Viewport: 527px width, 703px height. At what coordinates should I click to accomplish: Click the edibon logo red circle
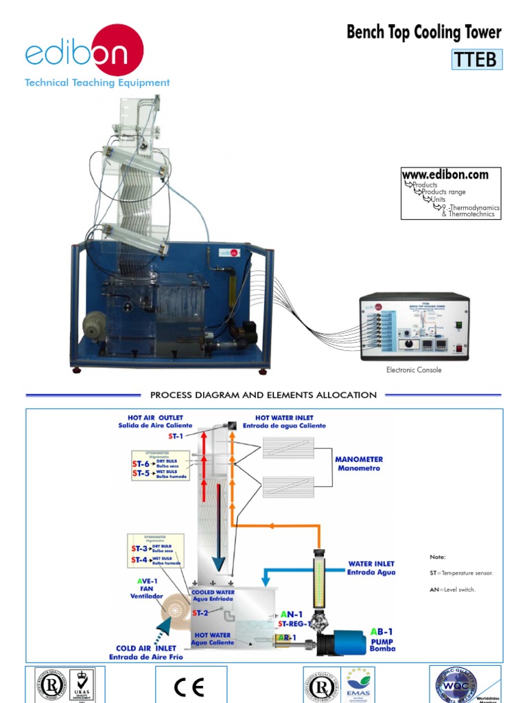pos(117,49)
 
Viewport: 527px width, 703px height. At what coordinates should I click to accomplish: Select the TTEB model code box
pos(476,60)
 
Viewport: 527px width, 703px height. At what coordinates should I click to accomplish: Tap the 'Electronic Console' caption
pos(414,370)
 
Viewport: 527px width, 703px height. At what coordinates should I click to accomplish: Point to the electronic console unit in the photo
pos(414,327)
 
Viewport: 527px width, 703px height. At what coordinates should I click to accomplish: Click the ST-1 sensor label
pos(176,436)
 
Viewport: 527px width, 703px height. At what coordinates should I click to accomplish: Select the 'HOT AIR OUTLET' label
pos(155,421)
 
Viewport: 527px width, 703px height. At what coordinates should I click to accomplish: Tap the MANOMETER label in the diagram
pos(359,463)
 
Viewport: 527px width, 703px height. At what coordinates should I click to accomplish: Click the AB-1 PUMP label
pos(382,639)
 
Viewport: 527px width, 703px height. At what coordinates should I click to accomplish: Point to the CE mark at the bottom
pos(190,687)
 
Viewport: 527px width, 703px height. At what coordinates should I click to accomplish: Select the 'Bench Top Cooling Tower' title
pos(423,32)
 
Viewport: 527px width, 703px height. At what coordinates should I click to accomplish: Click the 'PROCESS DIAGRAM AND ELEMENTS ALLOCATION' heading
pos(263,395)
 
